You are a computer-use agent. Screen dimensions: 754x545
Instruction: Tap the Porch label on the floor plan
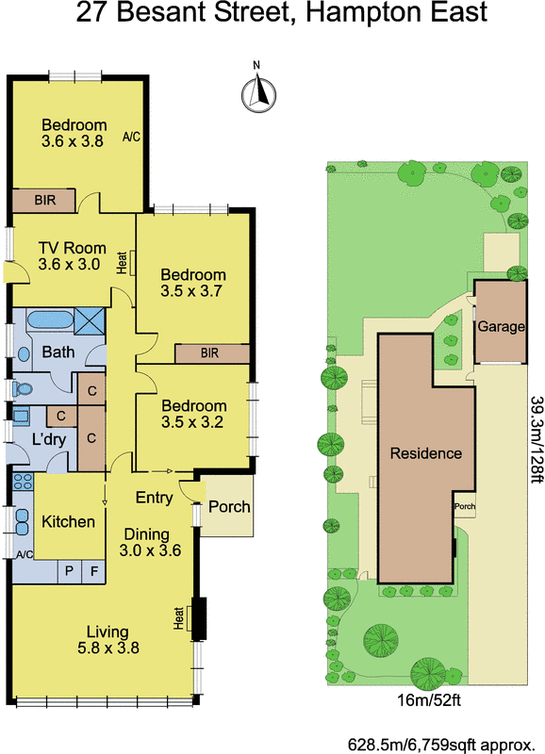229,506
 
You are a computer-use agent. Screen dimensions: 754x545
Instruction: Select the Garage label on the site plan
500,327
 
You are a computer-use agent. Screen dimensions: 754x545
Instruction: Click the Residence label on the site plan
426,453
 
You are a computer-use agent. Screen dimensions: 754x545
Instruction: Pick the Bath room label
58,352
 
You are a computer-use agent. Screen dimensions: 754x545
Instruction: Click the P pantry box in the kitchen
69,570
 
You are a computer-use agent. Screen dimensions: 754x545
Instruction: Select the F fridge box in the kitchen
92,570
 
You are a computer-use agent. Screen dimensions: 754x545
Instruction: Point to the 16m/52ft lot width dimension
422,700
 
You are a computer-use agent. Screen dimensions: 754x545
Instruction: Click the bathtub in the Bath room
44,321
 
